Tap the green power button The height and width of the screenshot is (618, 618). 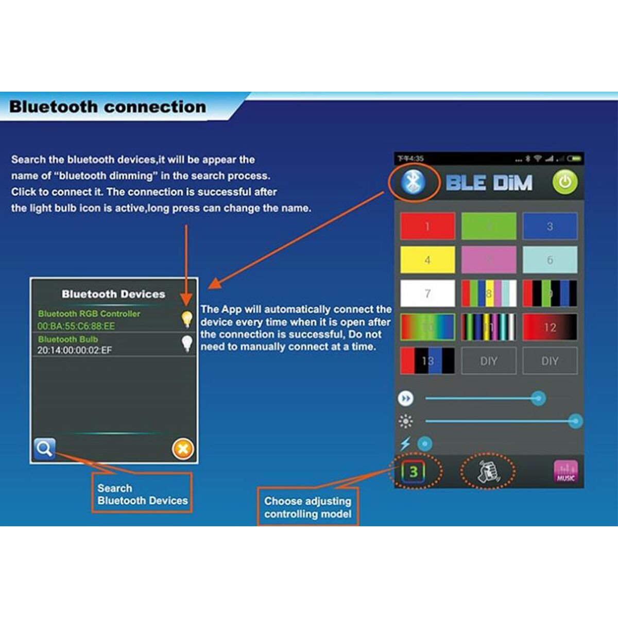tap(565, 182)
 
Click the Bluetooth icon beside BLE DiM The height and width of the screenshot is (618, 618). tap(413, 182)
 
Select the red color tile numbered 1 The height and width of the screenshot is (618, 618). tap(427, 226)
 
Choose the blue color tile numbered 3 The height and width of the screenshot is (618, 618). tap(550, 226)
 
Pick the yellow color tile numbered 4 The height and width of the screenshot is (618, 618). tap(427, 260)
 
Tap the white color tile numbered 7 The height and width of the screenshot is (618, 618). tap(427, 294)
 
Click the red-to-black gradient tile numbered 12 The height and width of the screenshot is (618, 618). tap(550, 327)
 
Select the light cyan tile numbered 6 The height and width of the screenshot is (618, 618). tap(550, 260)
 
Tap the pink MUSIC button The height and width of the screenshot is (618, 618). tap(565, 471)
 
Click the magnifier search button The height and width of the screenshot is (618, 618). tap(44, 449)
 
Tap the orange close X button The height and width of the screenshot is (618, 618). tap(183, 449)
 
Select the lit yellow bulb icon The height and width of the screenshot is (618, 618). tap(186, 319)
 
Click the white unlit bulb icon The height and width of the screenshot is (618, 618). tap(186, 343)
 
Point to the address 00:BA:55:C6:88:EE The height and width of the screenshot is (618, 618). tap(76, 326)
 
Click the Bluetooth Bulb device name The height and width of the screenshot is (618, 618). tap(68, 339)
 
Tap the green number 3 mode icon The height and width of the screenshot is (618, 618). tap(413, 471)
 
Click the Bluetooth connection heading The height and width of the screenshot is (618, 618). tap(108, 107)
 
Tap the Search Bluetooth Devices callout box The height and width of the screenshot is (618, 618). tap(142, 494)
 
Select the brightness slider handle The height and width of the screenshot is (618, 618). tap(575, 421)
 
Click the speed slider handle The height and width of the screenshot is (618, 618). tap(538, 398)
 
